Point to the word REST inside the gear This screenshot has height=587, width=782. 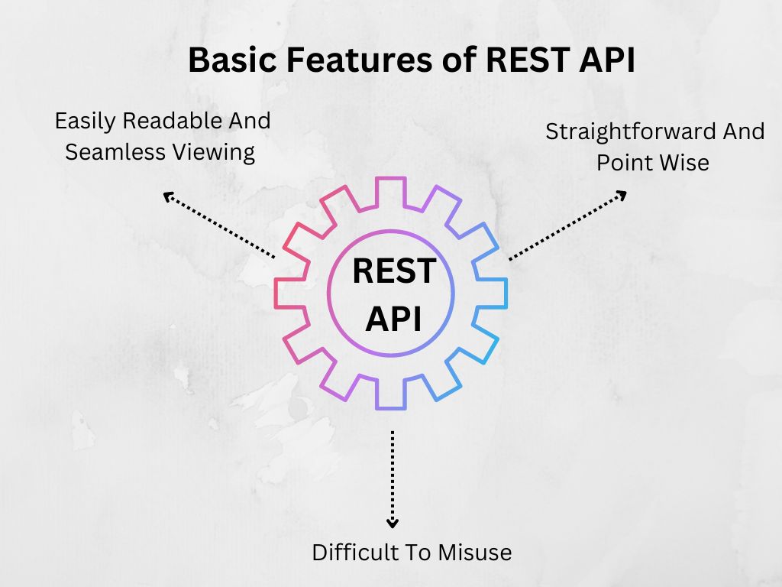click(394, 271)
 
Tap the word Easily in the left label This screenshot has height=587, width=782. click(86, 122)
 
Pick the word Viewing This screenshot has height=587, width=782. click(215, 152)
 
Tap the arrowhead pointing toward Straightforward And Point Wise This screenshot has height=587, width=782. click(622, 195)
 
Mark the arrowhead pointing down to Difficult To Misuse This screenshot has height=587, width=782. click(393, 523)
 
